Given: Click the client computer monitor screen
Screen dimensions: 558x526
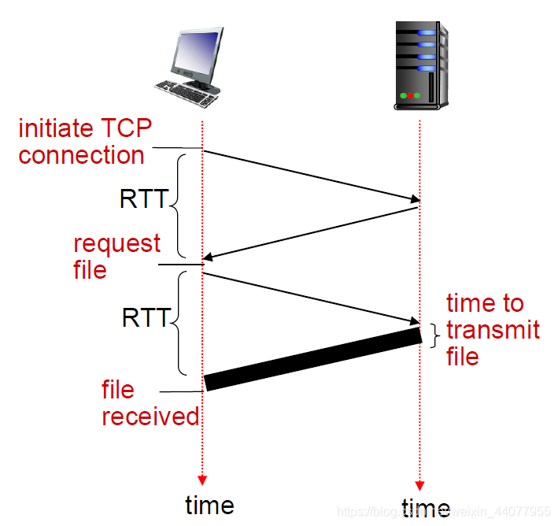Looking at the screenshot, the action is click(197, 52).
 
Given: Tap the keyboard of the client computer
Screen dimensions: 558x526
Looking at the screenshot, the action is click(186, 93).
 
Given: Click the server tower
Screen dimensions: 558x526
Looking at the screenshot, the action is click(421, 65).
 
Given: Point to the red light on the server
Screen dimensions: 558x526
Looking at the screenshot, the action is click(410, 95).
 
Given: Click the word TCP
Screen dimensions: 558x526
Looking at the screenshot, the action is click(127, 128).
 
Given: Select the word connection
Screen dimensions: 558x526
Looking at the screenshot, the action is click(82, 155).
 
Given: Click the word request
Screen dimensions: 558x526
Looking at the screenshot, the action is click(116, 245).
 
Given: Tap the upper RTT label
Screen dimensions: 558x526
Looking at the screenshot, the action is click(144, 198).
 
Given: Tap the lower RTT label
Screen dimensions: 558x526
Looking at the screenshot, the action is click(146, 317).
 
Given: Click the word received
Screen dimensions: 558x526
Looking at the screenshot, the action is click(150, 417).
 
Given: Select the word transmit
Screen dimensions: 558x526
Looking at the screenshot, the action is click(493, 329).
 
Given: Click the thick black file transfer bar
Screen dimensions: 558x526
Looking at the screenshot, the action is click(313, 359).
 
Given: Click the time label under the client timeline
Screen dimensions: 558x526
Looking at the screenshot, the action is click(209, 505).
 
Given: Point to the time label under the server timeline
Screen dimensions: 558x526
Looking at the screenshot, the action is click(426, 507).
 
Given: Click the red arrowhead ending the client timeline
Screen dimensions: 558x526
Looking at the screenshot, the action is click(202, 480).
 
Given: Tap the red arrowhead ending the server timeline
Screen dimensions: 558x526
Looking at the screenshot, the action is click(419, 486).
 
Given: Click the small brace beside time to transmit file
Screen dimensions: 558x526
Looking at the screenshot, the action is click(435, 335).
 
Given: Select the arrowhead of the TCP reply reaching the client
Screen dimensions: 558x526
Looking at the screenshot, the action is click(208, 257).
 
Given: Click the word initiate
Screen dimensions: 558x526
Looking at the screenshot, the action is click(56, 128).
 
